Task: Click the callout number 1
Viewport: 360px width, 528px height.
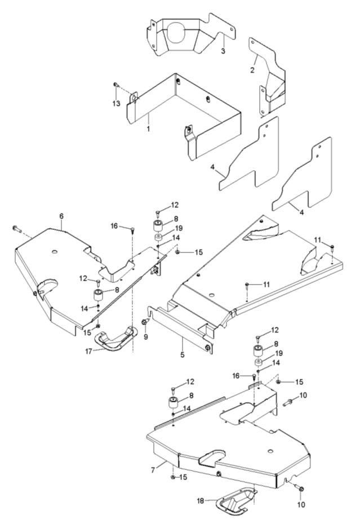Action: click(148, 128)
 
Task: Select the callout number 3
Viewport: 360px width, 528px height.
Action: click(223, 51)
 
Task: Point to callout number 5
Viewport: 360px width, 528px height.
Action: click(182, 356)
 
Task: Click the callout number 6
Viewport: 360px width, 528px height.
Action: click(61, 216)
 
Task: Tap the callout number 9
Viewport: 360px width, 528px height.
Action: click(145, 336)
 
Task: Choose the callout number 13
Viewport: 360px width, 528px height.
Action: click(117, 103)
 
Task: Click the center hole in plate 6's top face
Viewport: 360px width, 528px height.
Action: click(55, 251)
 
